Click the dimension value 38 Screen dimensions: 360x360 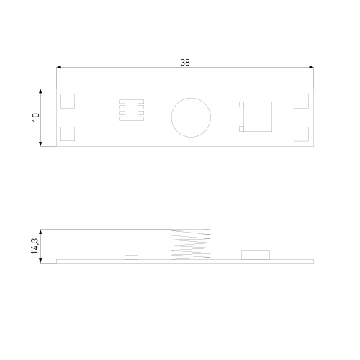(185, 63)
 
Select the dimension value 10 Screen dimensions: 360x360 (36, 117)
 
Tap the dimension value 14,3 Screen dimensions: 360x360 (35, 246)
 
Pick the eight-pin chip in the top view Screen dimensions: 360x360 (131, 110)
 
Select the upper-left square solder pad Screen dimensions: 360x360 (68, 101)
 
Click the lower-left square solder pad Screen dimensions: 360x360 (68, 134)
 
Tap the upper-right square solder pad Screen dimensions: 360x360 (302, 101)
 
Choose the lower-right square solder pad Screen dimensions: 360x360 (302, 134)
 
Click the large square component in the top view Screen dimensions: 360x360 (258, 117)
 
